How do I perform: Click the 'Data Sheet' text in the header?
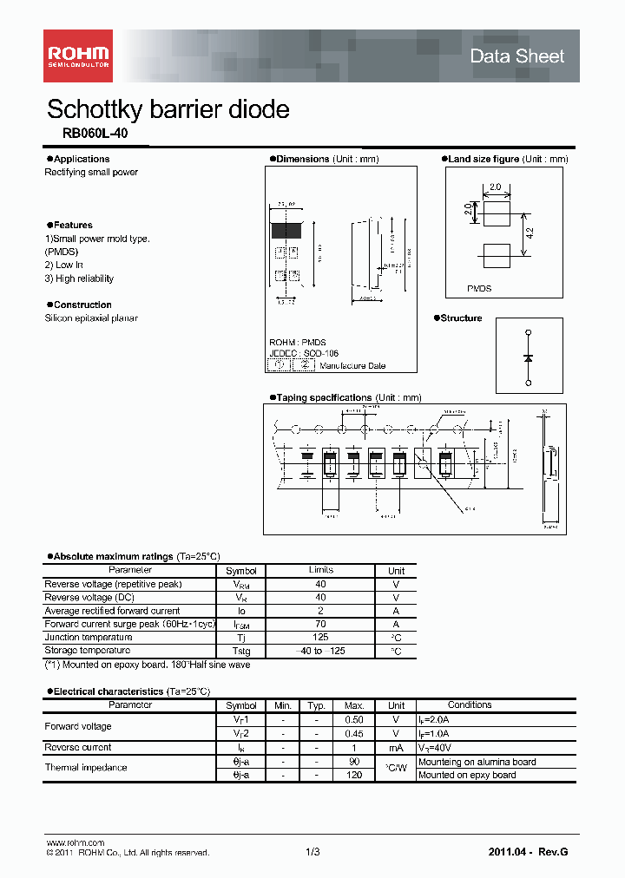click(x=516, y=56)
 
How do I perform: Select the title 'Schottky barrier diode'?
click(x=168, y=109)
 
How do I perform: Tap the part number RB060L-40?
click(x=88, y=134)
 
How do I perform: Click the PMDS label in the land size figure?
click(x=479, y=288)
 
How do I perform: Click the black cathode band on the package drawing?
click(x=286, y=231)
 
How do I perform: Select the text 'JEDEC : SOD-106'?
click(x=303, y=354)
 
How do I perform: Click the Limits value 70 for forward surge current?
click(x=320, y=624)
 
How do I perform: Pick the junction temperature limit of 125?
click(x=320, y=637)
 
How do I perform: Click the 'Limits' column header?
click(x=320, y=570)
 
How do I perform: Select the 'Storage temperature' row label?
click(x=88, y=650)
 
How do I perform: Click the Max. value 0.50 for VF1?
click(x=353, y=719)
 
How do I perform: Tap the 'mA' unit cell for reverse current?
click(x=396, y=747)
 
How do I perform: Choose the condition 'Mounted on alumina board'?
click(x=477, y=762)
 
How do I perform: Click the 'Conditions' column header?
click(x=470, y=704)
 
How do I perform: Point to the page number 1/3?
click(x=312, y=853)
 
